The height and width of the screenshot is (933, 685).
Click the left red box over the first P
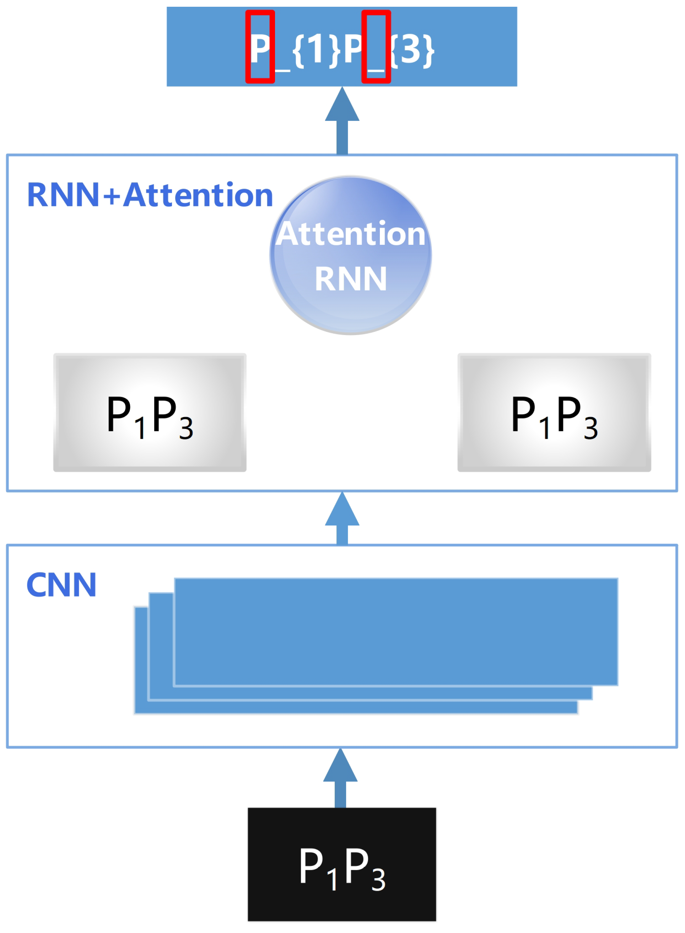[260, 47]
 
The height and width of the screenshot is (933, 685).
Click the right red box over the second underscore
[376, 47]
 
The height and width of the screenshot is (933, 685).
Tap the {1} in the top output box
[316, 50]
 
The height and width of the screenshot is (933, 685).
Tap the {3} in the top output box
[412, 50]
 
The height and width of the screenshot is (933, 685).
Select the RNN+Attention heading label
[150, 195]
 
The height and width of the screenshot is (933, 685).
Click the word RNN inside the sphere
[351, 279]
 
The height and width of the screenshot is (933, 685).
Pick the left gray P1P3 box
[150, 412]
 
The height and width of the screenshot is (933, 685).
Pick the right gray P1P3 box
[554, 412]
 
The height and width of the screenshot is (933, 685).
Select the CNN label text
[61, 585]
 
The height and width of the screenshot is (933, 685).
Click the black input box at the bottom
[342, 864]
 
